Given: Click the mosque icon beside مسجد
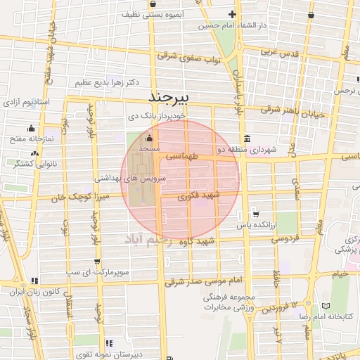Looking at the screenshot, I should [149, 139].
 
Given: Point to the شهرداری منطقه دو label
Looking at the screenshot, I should [246, 149].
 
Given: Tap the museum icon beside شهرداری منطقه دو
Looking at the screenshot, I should [245, 139].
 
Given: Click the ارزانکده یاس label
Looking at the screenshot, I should [255, 225].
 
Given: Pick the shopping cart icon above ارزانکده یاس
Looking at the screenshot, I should [255, 214].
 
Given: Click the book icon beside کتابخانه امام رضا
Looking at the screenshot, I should [325, 307].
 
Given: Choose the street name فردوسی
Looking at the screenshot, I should [269, 238].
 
